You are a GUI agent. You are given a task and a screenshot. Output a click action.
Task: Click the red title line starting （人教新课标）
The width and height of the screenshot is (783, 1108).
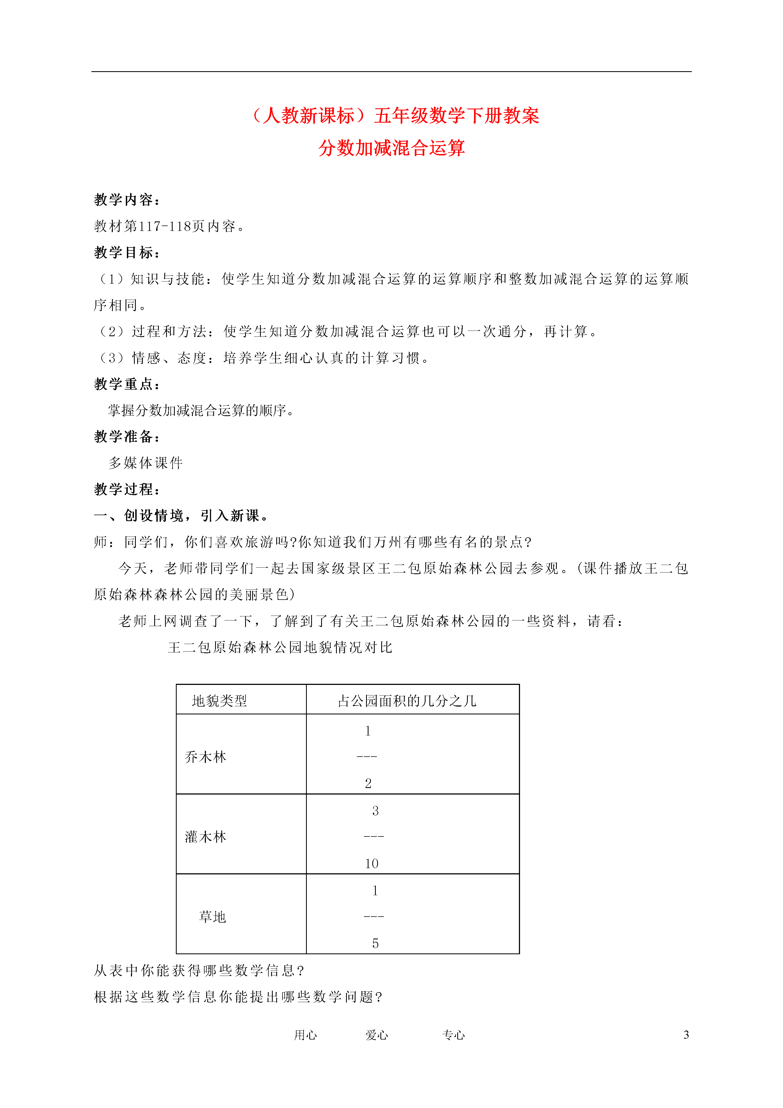tap(395, 116)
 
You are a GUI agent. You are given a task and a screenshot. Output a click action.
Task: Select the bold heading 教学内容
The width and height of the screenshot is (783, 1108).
tap(126, 200)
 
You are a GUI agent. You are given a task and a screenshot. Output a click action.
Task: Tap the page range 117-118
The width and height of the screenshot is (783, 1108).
tap(165, 226)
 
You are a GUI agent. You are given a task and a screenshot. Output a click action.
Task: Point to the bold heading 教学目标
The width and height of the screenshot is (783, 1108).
tap(126, 252)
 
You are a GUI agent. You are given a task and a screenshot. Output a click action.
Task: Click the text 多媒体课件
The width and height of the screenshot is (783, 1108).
tap(146, 463)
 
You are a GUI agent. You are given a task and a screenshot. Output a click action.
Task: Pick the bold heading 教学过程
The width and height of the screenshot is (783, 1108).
tap(126, 489)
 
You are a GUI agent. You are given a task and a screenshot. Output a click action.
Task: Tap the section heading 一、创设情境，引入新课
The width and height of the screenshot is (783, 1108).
tap(181, 516)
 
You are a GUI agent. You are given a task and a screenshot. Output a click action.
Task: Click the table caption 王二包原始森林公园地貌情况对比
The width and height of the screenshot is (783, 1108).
tap(280, 648)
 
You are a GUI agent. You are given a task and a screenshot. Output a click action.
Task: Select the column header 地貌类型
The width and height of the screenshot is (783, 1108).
tap(219, 701)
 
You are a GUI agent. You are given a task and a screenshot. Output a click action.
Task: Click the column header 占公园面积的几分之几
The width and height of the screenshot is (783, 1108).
tap(407, 701)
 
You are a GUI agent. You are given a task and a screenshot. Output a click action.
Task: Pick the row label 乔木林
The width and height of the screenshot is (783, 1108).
tap(206, 757)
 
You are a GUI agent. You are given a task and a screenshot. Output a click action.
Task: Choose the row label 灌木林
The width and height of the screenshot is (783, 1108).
tap(206, 837)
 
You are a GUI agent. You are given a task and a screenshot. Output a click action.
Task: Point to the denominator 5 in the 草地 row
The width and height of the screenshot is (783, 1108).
tap(375, 943)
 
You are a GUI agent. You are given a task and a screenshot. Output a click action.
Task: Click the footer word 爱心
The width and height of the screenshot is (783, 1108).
tap(377, 1035)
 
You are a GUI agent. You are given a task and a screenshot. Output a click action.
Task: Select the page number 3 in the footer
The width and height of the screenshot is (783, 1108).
tap(686, 1035)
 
